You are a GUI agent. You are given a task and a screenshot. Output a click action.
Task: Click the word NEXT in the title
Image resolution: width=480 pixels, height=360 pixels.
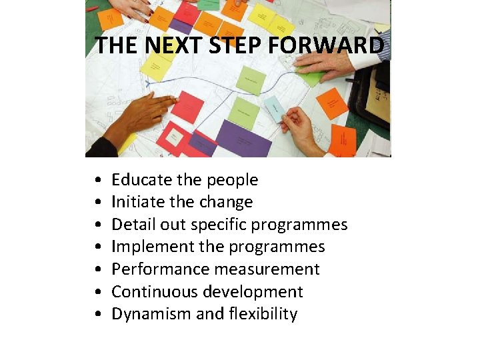[x=168, y=46]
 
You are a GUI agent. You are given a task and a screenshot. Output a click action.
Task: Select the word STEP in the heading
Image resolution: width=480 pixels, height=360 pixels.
[x=228, y=46]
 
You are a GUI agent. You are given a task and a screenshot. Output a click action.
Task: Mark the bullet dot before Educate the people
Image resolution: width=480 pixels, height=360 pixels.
[x=98, y=181]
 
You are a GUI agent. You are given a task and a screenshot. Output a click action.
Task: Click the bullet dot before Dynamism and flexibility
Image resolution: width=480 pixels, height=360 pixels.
[x=98, y=315]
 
